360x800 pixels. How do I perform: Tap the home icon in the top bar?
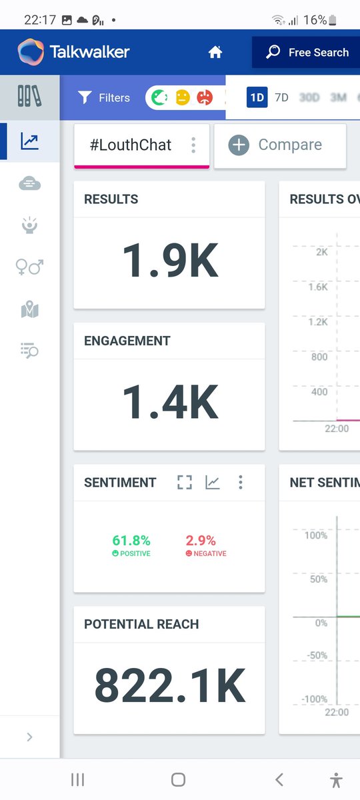[x=215, y=52]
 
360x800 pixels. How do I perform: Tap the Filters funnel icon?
[x=84, y=97]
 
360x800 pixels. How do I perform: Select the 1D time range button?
[x=257, y=97]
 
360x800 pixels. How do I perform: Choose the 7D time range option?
[x=281, y=97]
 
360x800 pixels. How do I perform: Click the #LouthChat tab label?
[x=131, y=145]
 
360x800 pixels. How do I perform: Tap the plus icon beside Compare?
[x=239, y=145]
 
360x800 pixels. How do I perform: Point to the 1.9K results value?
[x=169, y=261]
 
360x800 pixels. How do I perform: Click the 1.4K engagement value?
[x=169, y=403]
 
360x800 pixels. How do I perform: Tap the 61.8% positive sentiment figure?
[x=131, y=541]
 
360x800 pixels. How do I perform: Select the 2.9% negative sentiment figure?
[x=201, y=541]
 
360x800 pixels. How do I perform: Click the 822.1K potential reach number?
[x=169, y=685]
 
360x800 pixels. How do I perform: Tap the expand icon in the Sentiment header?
[x=185, y=482]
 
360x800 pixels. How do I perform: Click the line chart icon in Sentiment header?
[x=212, y=482]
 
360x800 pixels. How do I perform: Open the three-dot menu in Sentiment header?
[x=241, y=482]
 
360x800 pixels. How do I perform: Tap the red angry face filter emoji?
[x=204, y=97]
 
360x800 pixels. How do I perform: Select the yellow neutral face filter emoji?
[x=182, y=97]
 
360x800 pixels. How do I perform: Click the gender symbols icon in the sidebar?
[x=29, y=267]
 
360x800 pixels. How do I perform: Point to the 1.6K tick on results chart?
[x=317, y=287]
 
